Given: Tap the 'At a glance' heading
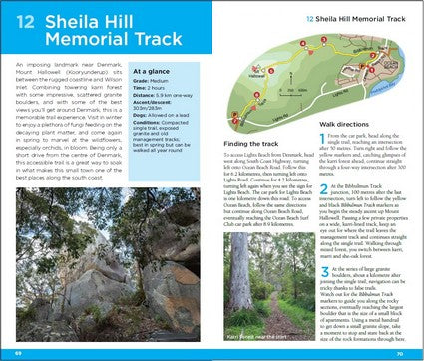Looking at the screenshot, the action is [x=147, y=72].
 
